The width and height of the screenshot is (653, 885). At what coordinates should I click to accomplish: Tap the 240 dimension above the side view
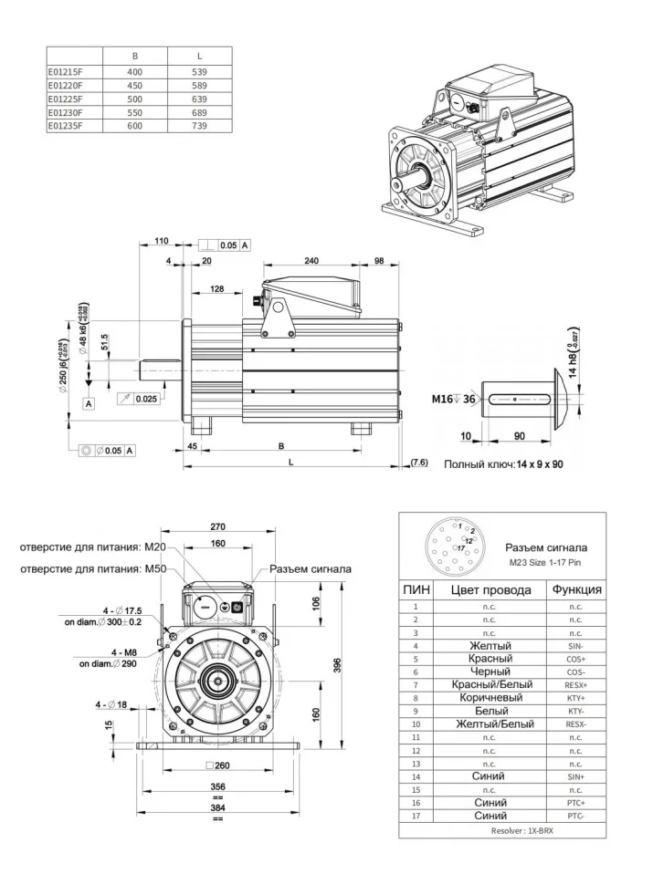coord(311,261)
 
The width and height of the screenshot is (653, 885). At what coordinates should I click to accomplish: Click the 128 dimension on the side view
coord(216,289)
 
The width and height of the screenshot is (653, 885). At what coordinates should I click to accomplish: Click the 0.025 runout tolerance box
coord(144,399)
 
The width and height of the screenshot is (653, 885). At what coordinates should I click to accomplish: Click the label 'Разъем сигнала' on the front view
coord(311,569)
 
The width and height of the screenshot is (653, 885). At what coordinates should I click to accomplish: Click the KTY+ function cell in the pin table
coord(575,697)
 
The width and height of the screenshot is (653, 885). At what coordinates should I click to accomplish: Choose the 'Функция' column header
coord(575,589)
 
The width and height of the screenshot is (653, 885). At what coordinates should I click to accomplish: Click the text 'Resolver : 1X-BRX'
coord(502,831)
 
